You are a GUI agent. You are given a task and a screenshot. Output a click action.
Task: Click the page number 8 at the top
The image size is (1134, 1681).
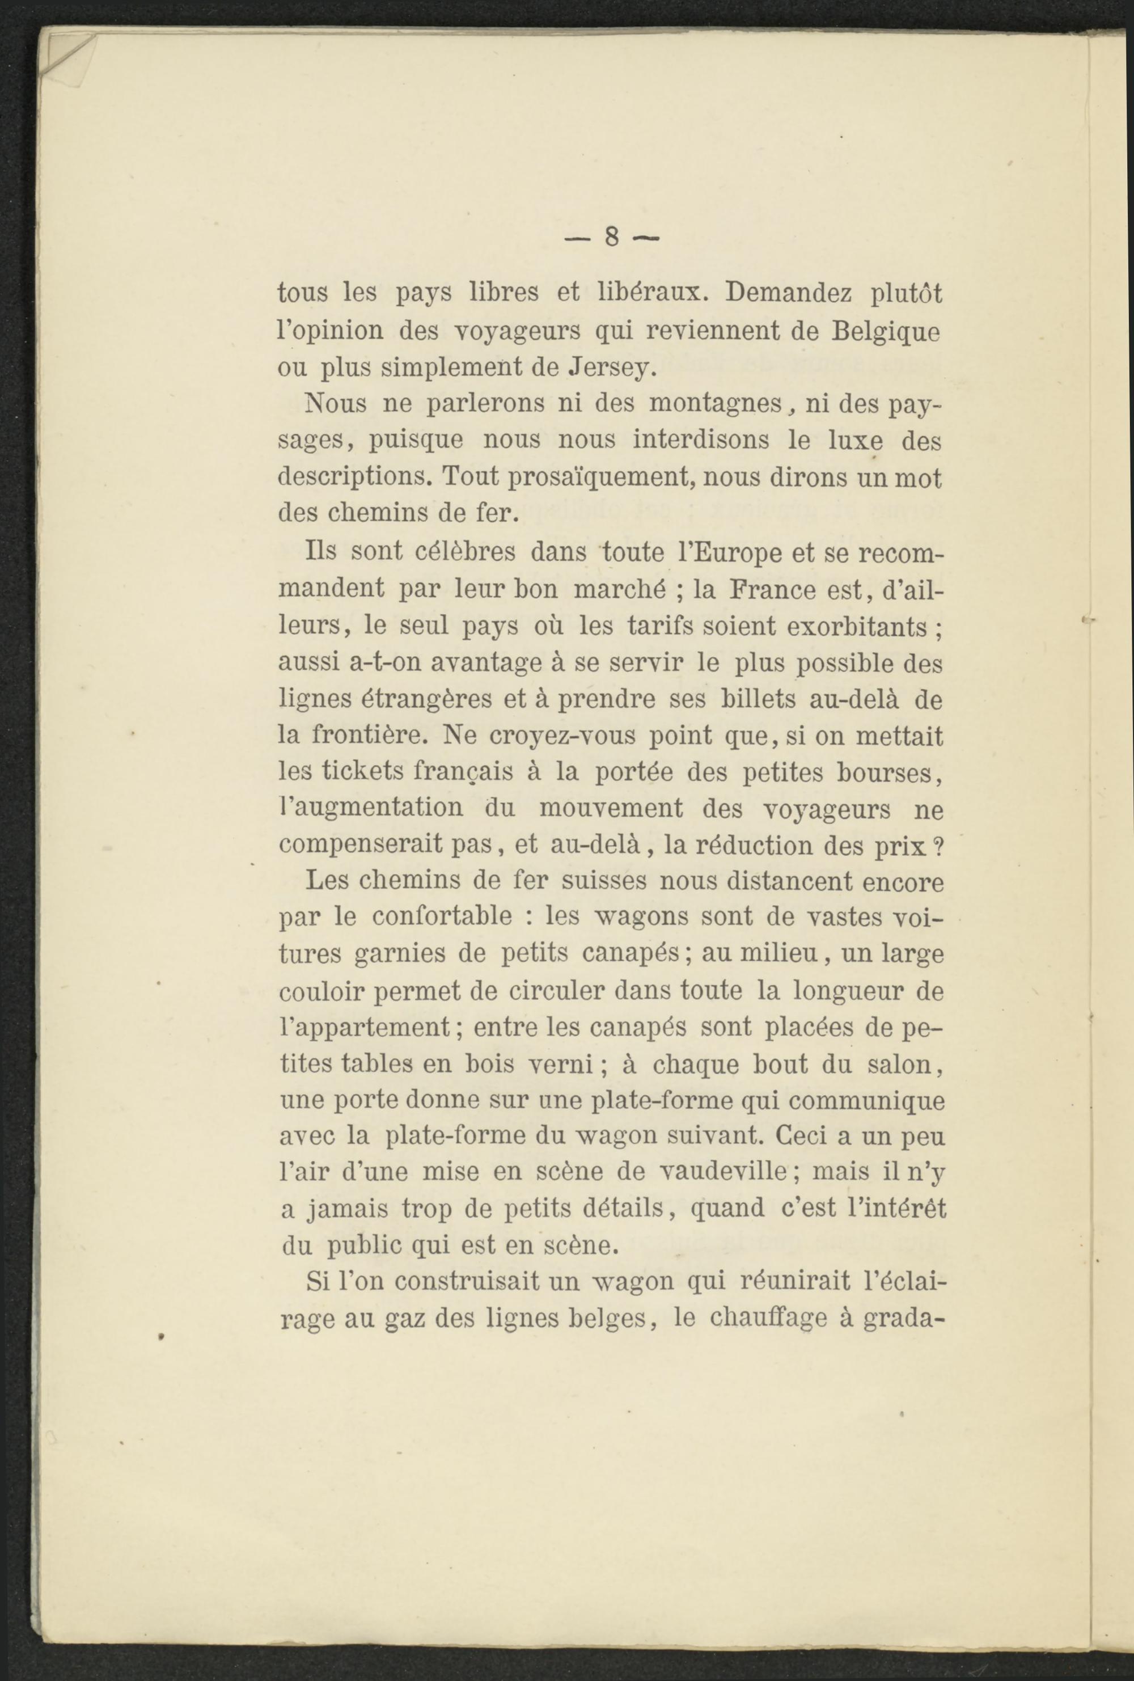click(x=611, y=236)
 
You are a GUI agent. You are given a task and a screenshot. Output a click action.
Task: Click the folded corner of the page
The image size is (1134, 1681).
click(x=66, y=54)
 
